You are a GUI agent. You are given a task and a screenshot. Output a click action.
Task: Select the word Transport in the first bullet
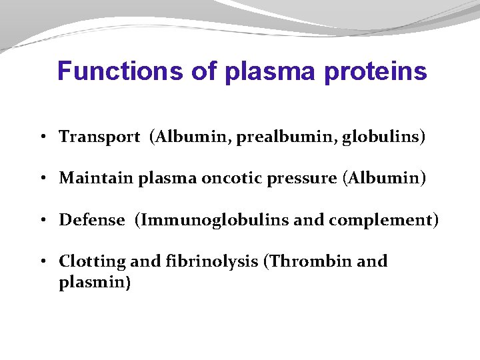tap(99, 137)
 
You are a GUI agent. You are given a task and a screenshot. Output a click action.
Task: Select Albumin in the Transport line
tap(186, 137)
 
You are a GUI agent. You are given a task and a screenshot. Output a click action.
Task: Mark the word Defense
tap(92, 220)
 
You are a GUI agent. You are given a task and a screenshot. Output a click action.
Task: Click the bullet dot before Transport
tap(42, 138)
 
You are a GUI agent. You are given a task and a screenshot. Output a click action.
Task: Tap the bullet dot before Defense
tap(42, 221)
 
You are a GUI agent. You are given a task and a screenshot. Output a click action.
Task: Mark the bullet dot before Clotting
tap(42, 262)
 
